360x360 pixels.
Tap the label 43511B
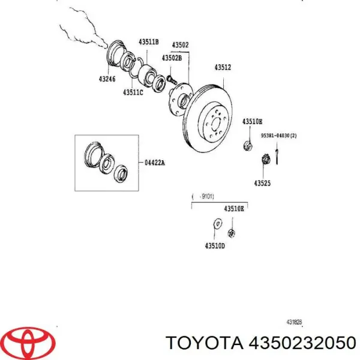coord(148,42)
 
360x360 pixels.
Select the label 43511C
coord(133,92)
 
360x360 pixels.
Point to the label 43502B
coord(172,58)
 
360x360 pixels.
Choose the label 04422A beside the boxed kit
coord(154,162)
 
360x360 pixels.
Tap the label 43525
coord(262,182)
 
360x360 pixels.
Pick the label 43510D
coord(214,246)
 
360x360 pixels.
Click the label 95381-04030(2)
coord(278,137)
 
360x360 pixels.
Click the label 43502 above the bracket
coord(181,44)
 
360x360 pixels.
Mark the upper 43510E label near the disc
coord(252,122)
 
